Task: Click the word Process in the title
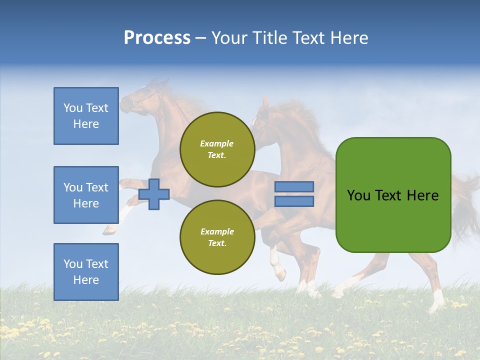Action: (157, 38)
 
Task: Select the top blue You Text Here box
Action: (86, 116)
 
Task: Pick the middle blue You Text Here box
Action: (86, 195)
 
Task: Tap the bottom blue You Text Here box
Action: (86, 271)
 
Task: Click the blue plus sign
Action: (154, 194)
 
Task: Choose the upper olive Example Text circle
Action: (217, 149)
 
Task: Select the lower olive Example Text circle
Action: (217, 237)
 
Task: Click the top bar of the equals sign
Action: (294, 187)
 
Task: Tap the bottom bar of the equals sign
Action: (294, 201)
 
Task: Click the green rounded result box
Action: (393, 195)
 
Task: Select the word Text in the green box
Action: (390, 195)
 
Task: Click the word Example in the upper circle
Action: (217, 143)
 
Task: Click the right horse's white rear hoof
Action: (438, 303)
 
